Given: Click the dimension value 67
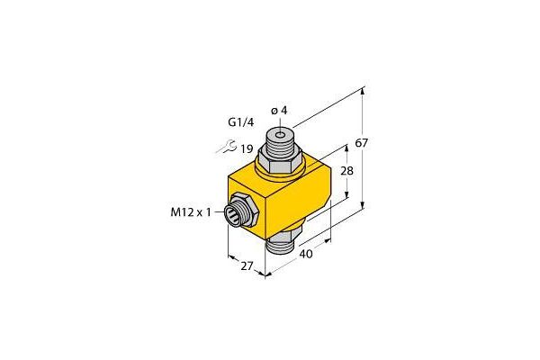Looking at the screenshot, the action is pos(362,142).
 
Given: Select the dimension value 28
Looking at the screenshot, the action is pos(346,170).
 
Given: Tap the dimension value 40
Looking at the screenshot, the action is pos(306,254).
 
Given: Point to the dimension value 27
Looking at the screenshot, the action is pos(247,266).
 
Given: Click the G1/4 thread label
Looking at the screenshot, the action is pos(241,122).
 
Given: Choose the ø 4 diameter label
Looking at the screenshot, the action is pos(279,111).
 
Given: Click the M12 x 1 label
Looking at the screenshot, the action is pos(191,212).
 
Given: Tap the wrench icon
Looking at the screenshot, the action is pos(226,147).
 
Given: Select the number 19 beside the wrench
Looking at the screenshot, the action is pos(247,149).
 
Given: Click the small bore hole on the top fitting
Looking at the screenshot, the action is pos(281,135).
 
